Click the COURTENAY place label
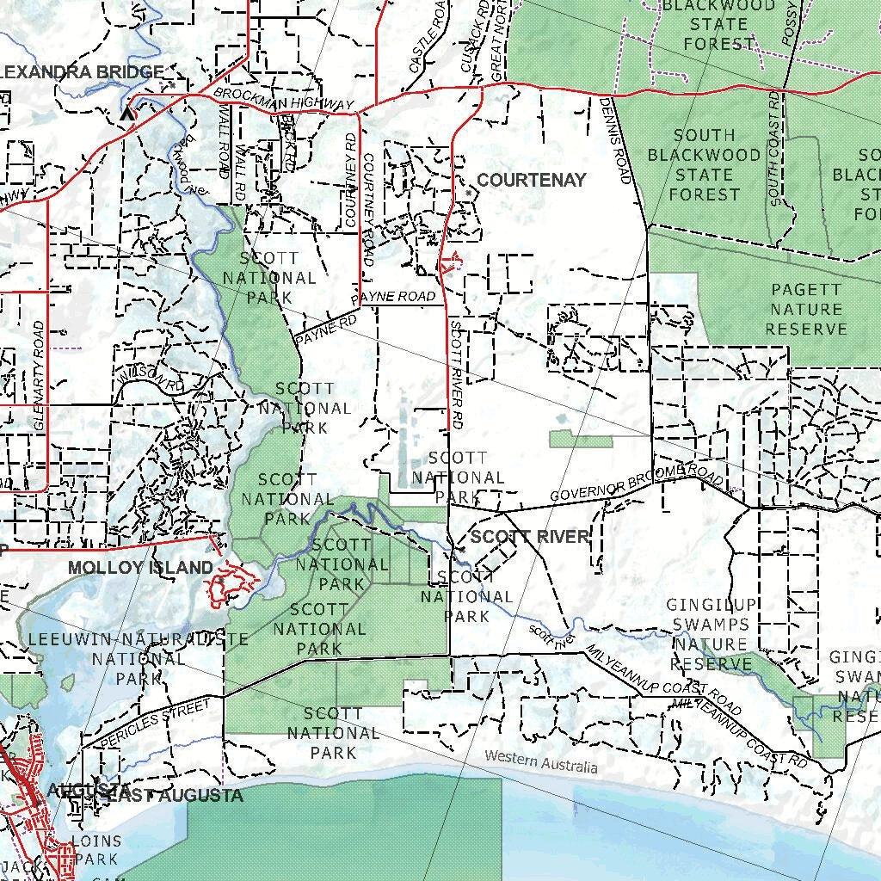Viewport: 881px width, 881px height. click(531, 180)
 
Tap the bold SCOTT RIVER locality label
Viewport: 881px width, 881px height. click(531, 537)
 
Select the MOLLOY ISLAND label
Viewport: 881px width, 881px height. click(140, 567)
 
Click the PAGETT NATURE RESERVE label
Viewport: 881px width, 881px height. click(806, 310)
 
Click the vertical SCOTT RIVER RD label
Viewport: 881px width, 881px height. click(456, 374)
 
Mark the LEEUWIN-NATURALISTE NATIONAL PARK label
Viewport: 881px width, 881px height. click(138, 659)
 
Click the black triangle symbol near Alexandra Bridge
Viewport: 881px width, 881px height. click(129, 113)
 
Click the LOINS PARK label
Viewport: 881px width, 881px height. click(96, 849)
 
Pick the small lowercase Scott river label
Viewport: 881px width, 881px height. click(551, 636)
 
